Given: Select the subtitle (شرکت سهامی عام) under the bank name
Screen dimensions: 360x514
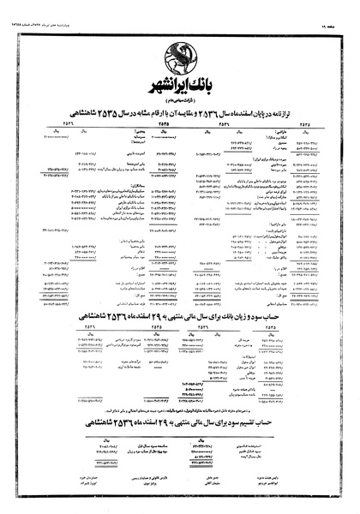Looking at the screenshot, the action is click(x=179, y=103).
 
